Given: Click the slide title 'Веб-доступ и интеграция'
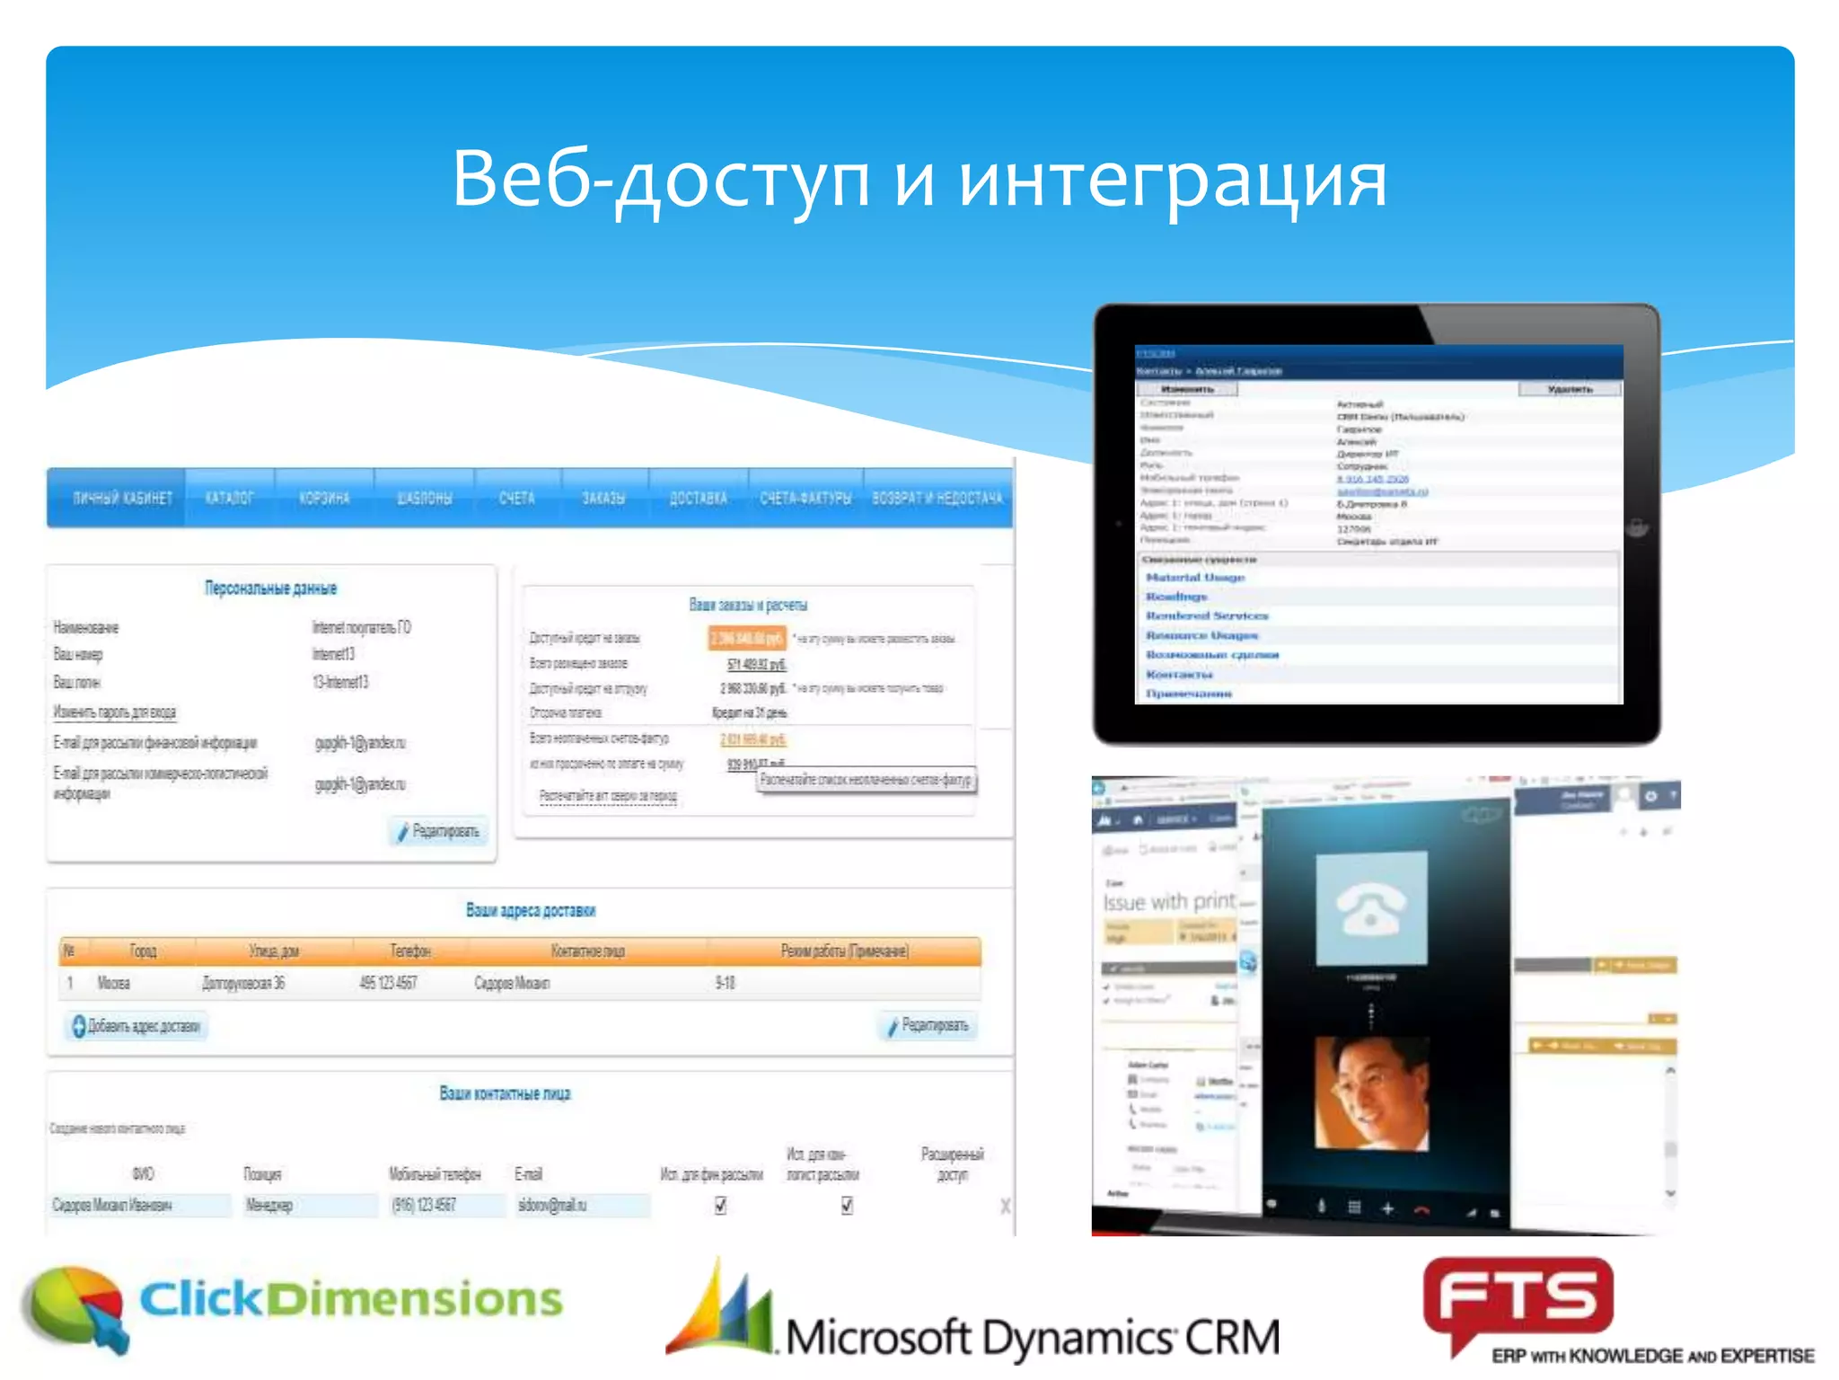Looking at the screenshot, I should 919,180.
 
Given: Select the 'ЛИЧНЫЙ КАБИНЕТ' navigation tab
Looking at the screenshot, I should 121,499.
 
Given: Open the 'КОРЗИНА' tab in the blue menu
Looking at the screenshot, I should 324,499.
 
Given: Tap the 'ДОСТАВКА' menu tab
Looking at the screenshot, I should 698,499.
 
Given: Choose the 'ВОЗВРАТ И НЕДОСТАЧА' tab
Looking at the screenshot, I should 937,499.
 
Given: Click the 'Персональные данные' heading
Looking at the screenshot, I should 270,588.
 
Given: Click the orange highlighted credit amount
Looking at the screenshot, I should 747,639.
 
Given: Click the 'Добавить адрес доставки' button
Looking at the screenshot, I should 136,1026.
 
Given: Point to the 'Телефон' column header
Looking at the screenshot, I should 409,951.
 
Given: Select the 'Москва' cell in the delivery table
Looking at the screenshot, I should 113,983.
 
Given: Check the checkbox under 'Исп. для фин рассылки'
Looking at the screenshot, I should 720,1206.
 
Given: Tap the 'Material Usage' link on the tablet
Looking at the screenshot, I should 1194,578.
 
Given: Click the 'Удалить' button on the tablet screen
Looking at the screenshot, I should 1569,389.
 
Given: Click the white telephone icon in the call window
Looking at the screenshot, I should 1370,907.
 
